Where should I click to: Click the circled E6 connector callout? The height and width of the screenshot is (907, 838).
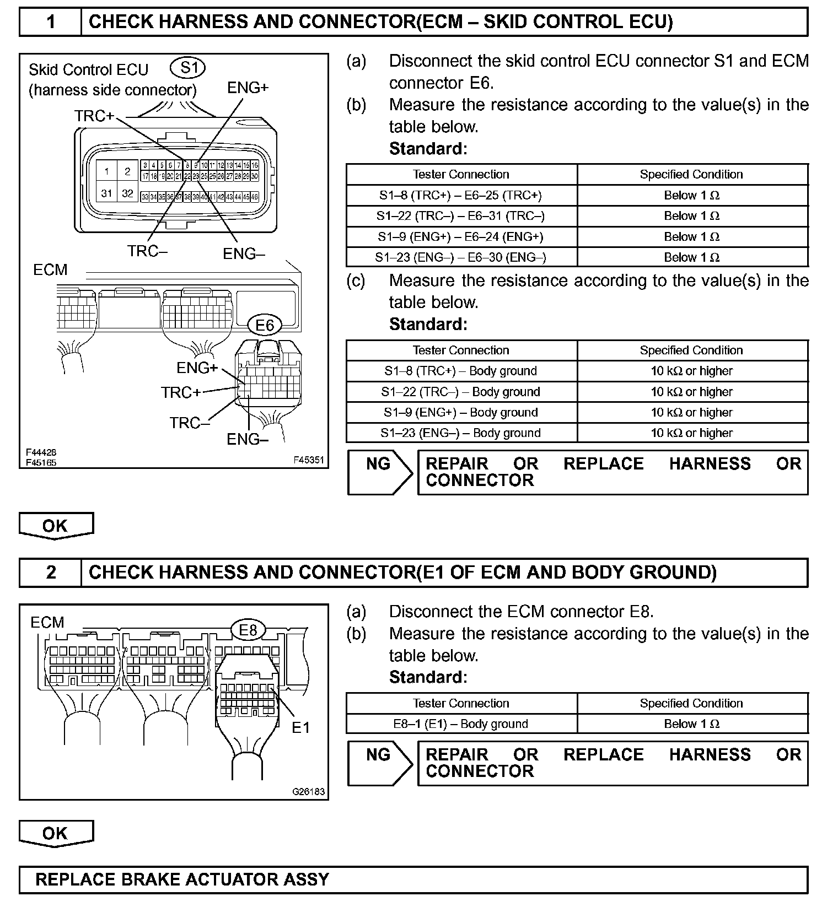tap(265, 325)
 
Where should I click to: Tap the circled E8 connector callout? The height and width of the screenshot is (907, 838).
tap(248, 629)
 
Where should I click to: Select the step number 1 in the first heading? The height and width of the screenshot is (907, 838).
tap(51, 22)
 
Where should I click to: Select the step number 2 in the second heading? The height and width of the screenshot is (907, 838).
tap(51, 573)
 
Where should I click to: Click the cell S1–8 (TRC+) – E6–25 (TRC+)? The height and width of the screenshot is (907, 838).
tap(461, 195)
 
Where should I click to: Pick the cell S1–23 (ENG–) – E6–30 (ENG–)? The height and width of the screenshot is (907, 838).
tap(461, 257)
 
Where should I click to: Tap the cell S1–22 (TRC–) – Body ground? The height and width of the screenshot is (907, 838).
tap(461, 392)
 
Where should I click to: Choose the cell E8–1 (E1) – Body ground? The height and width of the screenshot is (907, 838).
tap(461, 724)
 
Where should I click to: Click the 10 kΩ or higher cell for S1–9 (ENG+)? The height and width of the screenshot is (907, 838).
tap(691, 412)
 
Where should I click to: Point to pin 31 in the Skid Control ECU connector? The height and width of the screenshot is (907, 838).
tap(106, 193)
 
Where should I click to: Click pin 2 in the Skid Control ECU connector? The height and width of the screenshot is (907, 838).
tap(127, 171)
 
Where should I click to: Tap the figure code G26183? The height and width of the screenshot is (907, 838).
tap(308, 792)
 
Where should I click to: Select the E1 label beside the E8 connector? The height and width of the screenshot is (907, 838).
tap(301, 728)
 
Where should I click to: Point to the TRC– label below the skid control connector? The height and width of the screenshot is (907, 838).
tap(147, 251)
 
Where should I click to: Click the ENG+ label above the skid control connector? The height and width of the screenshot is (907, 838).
tap(248, 88)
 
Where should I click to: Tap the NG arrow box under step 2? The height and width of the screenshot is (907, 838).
tap(379, 763)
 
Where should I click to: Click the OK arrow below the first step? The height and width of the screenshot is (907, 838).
tap(56, 526)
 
